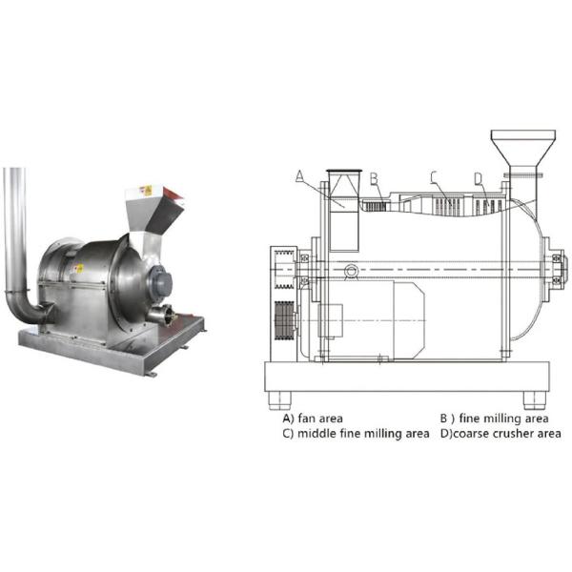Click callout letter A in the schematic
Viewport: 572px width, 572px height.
pos(299,176)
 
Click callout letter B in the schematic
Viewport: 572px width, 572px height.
pos(374,179)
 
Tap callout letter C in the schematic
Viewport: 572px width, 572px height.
pos(433,177)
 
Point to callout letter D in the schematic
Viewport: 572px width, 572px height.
pos(479,179)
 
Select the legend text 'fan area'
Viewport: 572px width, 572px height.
pos(320,419)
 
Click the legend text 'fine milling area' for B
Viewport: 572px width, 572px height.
pos(503,419)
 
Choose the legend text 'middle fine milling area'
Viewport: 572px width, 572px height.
pos(363,434)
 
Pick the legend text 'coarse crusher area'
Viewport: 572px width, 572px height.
pos(507,434)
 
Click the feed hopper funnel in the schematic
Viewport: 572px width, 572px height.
pos(523,148)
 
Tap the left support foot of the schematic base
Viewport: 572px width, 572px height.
pos(279,400)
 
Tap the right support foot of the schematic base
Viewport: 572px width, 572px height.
pos(535,400)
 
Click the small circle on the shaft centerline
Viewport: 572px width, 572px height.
pos(351,271)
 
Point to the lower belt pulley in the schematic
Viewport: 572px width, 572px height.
pos(284,320)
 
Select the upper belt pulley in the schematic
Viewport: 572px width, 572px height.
pos(284,270)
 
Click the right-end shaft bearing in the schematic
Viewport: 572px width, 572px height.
pos(557,269)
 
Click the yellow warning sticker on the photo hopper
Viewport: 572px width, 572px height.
pos(146,191)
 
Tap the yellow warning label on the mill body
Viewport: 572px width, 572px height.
pos(78,269)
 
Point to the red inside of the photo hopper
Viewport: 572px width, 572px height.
pos(173,194)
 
